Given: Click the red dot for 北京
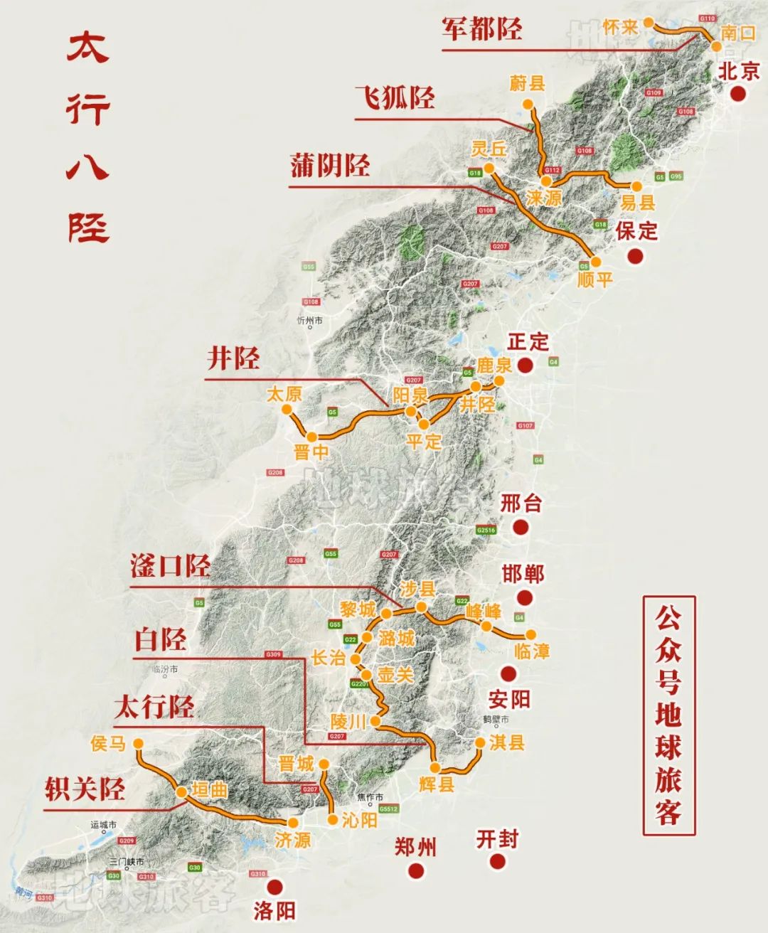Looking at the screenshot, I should click(x=739, y=93).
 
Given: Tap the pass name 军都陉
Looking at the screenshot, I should click(x=481, y=28).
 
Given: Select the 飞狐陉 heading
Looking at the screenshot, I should click(x=395, y=97).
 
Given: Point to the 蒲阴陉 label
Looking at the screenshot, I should click(x=330, y=165).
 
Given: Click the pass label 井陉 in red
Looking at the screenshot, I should click(x=233, y=358).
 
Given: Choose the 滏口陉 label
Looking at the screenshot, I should click(x=170, y=566).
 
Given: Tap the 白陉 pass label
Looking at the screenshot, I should click(x=161, y=640).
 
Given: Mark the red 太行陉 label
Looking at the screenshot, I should click(x=154, y=707).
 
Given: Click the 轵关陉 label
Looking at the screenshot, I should click(x=85, y=789).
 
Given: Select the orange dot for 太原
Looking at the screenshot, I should click(x=286, y=410).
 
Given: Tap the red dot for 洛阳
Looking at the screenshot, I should click(x=274, y=886).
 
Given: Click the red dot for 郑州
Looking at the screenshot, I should click(x=416, y=870).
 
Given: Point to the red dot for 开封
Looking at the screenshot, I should click(x=498, y=862).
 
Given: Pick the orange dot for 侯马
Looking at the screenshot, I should click(x=138, y=743).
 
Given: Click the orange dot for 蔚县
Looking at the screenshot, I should click(x=528, y=104).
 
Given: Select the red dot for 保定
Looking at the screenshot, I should click(x=636, y=255).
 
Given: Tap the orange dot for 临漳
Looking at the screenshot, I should click(x=530, y=634).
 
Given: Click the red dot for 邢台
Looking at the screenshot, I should click(x=521, y=527).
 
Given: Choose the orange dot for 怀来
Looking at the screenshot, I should click(x=648, y=23).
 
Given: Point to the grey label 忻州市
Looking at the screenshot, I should click(x=310, y=321).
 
